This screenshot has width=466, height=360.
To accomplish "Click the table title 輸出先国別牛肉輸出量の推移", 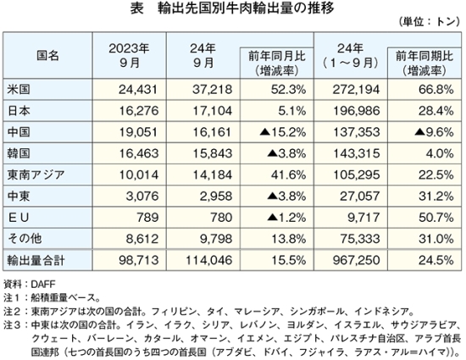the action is pyautogui.click(x=246, y=8).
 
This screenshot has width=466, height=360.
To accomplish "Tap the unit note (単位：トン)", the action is pyautogui.click(x=430, y=22).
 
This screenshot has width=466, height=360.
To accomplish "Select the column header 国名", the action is pyautogui.click(x=47, y=56).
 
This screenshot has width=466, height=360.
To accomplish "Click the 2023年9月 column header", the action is pyautogui.click(x=130, y=55).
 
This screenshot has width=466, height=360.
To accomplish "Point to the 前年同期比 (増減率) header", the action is pyautogui.click(x=424, y=63).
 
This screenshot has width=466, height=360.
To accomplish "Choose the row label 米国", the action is pyautogui.click(x=19, y=89).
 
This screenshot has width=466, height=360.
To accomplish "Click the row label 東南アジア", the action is pyautogui.click(x=36, y=174).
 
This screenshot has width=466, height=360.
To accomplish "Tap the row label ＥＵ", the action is pyautogui.click(x=19, y=218).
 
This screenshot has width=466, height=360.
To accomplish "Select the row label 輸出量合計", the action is pyautogui.click(x=36, y=261).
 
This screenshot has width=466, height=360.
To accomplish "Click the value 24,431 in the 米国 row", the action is pyautogui.click(x=138, y=90).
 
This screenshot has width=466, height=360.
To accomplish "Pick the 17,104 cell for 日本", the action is pyautogui.click(x=212, y=111).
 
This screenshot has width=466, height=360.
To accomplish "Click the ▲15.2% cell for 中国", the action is pyautogui.click(x=283, y=132).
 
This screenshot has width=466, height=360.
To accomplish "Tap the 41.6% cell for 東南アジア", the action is pyautogui.click(x=288, y=175).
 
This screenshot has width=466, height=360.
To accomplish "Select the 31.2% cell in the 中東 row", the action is pyautogui.click(x=436, y=197).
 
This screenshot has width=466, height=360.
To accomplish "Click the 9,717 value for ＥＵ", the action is pyautogui.click(x=363, y=218).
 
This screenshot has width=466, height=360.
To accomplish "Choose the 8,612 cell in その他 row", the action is pyautogui.click(x=142, y=239).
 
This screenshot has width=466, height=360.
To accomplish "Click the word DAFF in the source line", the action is pyautogui.click(x=43, y=285).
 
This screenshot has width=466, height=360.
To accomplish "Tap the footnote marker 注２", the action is pyautogui.click(x=12, y=312).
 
